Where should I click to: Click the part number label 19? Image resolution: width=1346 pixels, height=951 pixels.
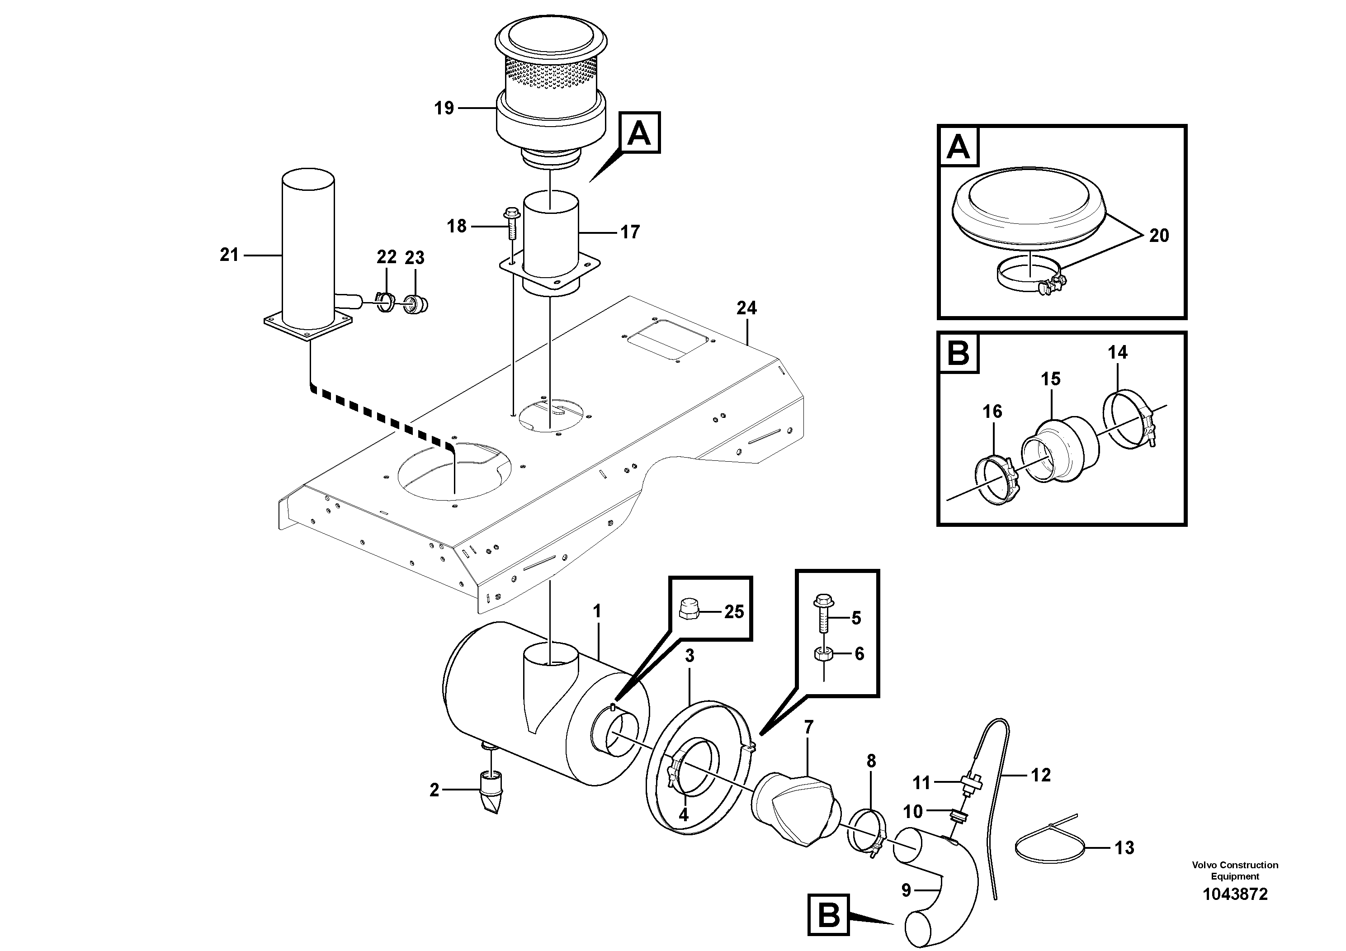[x=444, y=109]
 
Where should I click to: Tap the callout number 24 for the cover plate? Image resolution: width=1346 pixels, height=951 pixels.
[x=746, y=308]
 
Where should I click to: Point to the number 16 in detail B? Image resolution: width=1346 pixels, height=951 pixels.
[x=992, y=412]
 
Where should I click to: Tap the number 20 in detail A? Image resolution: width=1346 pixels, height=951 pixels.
[x=1158, y=236]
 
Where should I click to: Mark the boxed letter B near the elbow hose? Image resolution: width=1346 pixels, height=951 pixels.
[x=828, y=915]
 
